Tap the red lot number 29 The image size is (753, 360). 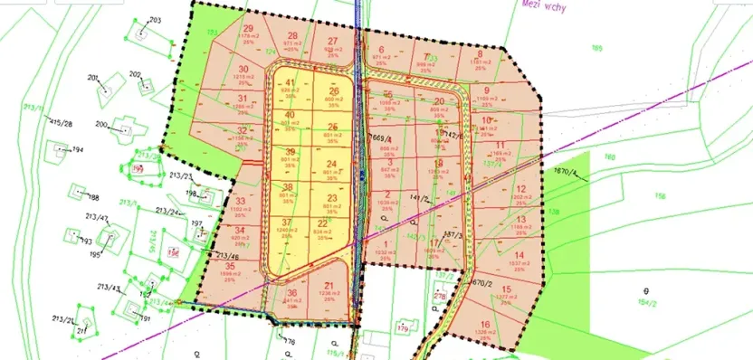248,28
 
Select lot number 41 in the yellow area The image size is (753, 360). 291,83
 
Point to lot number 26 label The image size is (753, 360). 334,90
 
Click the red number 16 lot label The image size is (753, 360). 485,324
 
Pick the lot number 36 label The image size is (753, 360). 291,293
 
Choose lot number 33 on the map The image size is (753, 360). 240,201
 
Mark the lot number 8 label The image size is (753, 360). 480,53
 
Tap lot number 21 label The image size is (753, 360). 328,287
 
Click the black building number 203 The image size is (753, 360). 154,19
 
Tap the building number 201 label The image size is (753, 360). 92,78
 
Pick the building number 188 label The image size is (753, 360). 92,196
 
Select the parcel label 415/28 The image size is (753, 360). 62,123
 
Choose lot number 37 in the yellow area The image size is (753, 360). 287,223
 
